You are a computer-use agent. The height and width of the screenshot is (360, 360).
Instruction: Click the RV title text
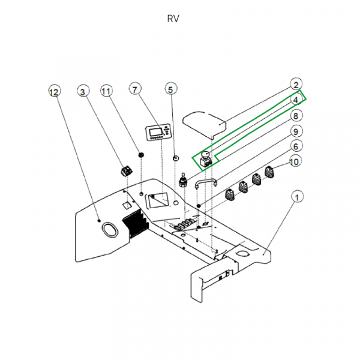click(x=173, y=19)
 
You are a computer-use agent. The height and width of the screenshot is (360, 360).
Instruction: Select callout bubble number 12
click(x=54, y=92)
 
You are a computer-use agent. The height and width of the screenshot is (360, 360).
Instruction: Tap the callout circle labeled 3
click(x=83, y=91)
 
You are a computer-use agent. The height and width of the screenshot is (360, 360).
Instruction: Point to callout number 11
click(x=106, y=91)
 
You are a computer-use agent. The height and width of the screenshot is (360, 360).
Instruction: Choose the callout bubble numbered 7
click(x=135, y=91)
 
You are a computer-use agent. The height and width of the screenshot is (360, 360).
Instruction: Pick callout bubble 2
click(x=296, y=85)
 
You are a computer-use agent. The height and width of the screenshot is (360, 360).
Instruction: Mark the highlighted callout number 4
click(x=296, y=100)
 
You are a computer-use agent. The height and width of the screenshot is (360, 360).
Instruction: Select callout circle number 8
click(x=296, y=115)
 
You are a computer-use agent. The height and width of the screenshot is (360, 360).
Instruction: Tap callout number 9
click(x=296, y=131)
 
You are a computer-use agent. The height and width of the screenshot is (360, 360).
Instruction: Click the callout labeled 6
click(x=296, y=146)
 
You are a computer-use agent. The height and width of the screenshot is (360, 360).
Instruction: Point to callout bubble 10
click(x=294, y=161)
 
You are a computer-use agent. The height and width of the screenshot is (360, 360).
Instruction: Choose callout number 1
click(x=296, y=196)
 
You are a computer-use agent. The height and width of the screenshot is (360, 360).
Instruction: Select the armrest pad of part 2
click(x=202, y=121)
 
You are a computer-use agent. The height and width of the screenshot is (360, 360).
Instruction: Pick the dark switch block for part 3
click(x=127, y=170)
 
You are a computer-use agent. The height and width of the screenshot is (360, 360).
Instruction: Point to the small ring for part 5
click(x=175, y=158)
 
